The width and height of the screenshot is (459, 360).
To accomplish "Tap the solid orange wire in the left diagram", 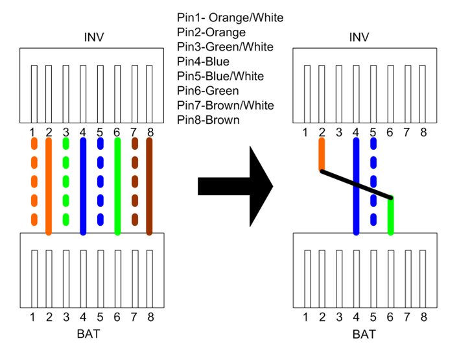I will (49, 186).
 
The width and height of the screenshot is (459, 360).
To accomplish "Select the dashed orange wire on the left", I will (32, 186).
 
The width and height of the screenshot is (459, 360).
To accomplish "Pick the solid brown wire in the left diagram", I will (149, 186).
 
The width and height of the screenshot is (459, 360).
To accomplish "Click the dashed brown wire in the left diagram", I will (134, 186).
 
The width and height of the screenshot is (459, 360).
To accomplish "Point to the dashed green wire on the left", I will (66, 186).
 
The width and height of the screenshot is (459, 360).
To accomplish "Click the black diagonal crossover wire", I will (357, 184).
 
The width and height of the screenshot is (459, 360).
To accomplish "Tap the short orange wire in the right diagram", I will (321, 154).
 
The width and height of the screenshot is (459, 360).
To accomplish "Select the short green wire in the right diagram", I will (390, 216).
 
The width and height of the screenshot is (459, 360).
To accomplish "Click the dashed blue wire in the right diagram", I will (373, 182).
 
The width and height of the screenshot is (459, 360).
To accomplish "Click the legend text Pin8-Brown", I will (208, 120).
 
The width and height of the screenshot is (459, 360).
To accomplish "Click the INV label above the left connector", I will (94, 37).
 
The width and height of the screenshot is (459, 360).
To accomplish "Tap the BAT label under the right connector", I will (364, 335).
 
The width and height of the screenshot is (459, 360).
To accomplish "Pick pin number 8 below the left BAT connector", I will (150, 317).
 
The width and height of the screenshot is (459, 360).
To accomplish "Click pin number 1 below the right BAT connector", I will (305, 317).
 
